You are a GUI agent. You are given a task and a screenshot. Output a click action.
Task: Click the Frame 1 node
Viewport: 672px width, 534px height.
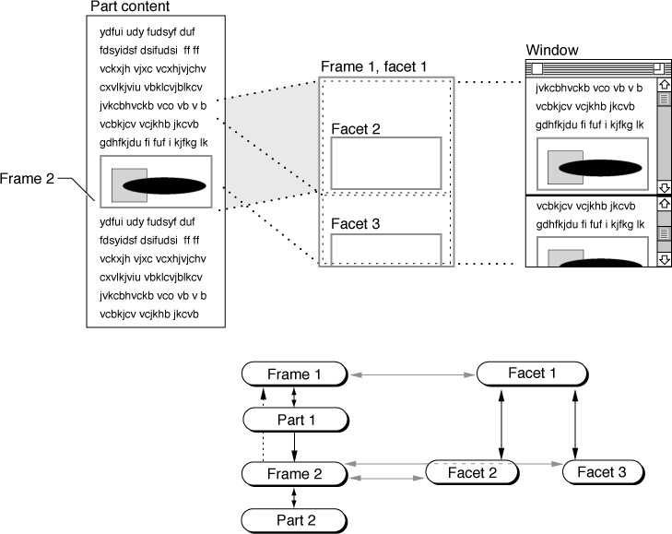[294, 374]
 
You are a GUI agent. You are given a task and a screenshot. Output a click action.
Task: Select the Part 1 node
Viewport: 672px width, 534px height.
[296, 420]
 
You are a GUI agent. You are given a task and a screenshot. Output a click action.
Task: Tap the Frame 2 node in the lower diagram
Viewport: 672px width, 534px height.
[294, 474]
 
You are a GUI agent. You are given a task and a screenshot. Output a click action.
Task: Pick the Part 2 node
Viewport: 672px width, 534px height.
[294, 520]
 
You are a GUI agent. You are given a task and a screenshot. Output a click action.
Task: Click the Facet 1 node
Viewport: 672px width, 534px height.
[532, 374]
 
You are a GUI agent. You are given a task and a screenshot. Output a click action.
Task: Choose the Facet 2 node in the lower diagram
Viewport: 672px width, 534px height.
[472, 472]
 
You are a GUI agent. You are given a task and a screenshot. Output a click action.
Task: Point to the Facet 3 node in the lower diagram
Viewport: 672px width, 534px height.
[603, 472]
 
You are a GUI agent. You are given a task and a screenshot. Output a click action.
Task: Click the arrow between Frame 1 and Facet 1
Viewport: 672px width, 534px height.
[412, 374]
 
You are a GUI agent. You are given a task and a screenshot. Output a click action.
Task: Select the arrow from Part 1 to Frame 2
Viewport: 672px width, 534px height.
[294, 447]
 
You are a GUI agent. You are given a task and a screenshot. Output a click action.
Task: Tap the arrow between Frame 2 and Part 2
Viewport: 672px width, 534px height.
[293, 498]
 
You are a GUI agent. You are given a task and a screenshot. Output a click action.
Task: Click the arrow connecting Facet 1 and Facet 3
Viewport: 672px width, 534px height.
[575, 423]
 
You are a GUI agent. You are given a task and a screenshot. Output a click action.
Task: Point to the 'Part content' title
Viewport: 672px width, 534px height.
[130, 6]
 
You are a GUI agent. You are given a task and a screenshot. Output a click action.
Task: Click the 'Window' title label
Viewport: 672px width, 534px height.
[552, 50]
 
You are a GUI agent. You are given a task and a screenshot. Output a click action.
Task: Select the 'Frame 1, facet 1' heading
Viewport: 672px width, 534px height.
[373, 66]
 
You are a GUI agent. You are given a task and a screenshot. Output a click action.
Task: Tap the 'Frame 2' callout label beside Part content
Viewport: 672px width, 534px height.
[27, 178]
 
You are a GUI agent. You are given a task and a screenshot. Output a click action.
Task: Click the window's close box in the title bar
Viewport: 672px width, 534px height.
[537, 68]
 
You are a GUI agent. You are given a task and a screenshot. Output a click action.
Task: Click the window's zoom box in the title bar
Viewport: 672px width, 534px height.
[658, 68]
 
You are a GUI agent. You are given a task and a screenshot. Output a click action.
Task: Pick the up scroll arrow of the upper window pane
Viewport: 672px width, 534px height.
[665, 85]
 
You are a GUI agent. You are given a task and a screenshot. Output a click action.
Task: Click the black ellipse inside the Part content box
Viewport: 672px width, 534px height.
[165, 185]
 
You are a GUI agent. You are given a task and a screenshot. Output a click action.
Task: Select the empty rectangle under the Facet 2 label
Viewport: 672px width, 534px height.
[386, 163]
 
